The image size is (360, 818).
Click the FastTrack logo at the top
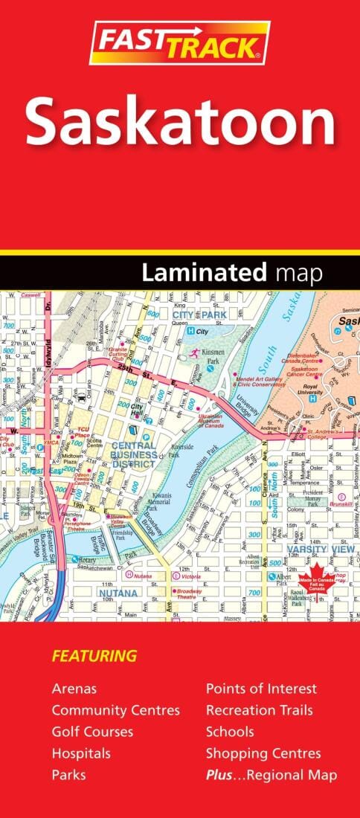coord(179,43)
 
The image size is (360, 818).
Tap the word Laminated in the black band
coord(204,273)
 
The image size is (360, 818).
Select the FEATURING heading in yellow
coord(94,656)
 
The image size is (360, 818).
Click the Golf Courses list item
coord(92,732)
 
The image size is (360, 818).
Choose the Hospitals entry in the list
coord(81,753)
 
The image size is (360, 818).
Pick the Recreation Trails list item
coord(259,710)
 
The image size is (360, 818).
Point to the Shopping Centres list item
coord(263,753)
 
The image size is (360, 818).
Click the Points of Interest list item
coord(261,689)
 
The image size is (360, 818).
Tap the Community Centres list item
coord(115,710)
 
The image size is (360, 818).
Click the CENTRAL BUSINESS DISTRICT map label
coord(134,454)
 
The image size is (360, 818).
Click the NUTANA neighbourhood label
coord(118,593)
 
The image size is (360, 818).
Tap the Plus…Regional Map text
coord(271,775)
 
